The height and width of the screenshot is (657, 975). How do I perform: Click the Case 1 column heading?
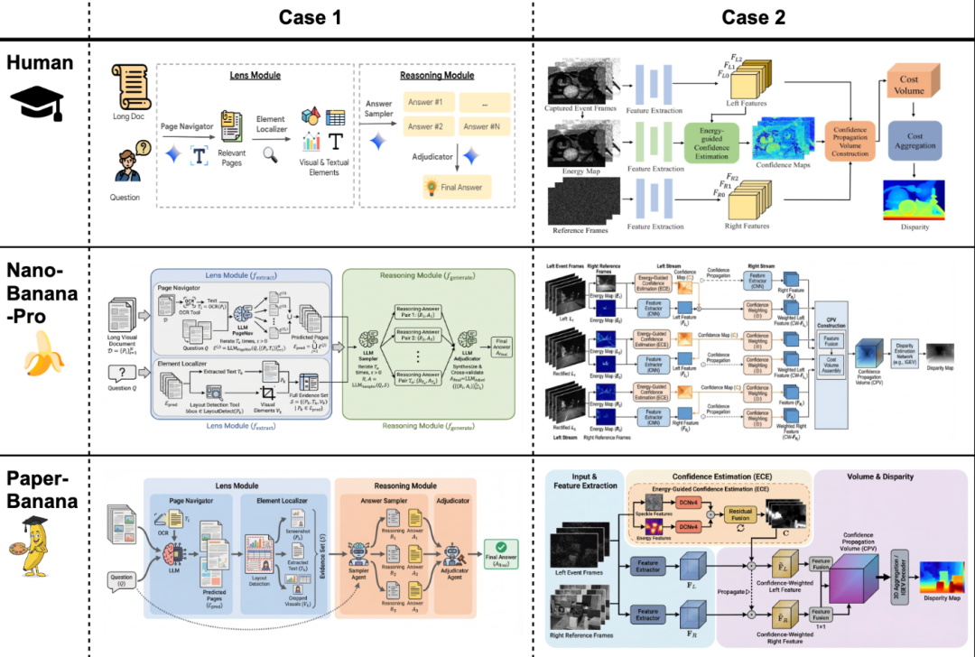coord(310,17)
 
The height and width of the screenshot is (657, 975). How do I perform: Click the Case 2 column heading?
coord(754,17)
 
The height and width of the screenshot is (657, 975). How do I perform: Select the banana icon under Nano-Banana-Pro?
coord(37,351)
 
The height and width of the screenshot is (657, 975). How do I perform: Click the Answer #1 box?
coord(426,103)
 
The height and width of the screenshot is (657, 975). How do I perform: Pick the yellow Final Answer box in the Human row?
coord(457,188)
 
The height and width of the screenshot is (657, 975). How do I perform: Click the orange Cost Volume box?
coord(914,87)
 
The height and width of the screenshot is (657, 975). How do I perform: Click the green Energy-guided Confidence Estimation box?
coord(712,143)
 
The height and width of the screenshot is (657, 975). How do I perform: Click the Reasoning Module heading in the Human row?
coord(438,76)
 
